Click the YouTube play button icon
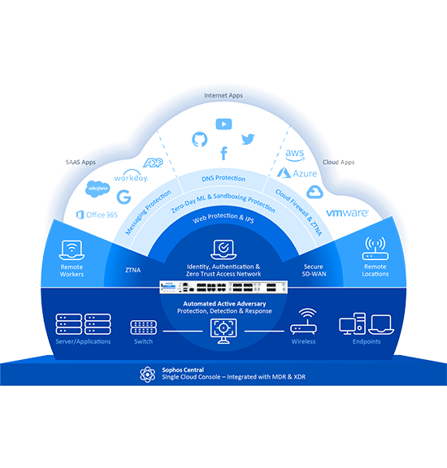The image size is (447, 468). click(x=223, y=123)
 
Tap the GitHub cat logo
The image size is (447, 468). click(x=199, y=140)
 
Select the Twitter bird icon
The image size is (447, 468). click(x=248, y=139)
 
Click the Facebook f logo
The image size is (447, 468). click(x=223, y=154)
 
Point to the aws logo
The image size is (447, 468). click(x=295, y=155)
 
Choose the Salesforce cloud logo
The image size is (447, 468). click(x=98, y=188)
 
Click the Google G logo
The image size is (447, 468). click(x=124, y=197)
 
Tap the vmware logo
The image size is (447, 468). click(x=347, y=213)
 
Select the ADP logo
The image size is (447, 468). click(x=153, y=162)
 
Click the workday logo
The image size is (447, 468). click(x=131, y=176)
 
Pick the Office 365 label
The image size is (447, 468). click(x=97, y=214)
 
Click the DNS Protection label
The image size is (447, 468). click(x=223, y=178)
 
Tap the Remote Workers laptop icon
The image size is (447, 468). click(x=72, y=250)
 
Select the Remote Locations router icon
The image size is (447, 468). click(x=375, y=249)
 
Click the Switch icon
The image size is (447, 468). click(x=143, y=327)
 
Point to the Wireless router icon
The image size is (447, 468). click(x=303, y=322)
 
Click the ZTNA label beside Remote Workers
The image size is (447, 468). click(x=132, y=270)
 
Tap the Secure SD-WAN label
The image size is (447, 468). click(x=314, y=270)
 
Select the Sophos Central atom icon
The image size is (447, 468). click(x=147, y=375)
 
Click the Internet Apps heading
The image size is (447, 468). click(x=223, y=96)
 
